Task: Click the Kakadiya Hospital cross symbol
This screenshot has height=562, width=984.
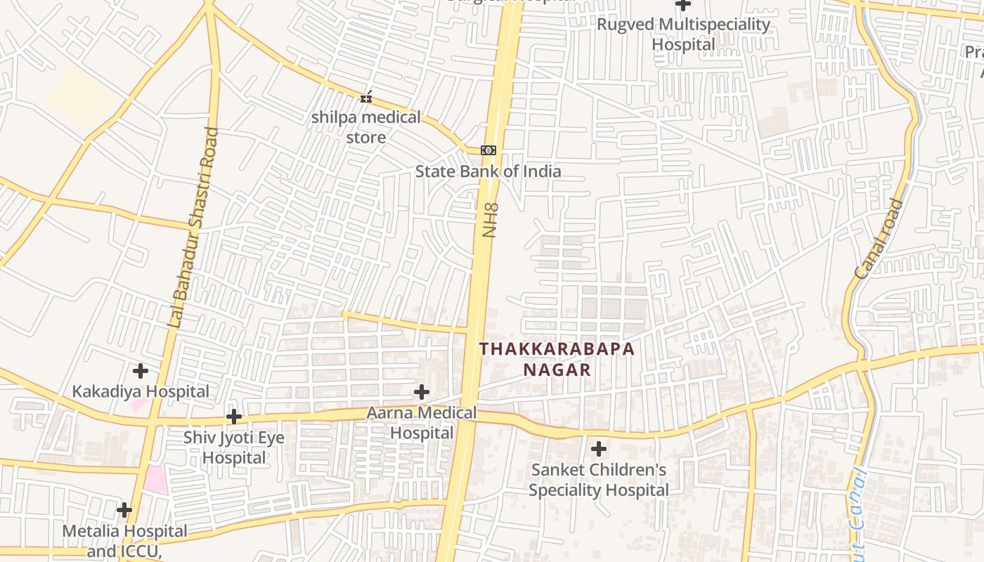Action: click(x=141, y=370)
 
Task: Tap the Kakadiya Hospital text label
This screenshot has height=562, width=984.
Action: click(x=141, y=391)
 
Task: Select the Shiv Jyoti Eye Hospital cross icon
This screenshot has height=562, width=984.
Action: click(x=234, y=417)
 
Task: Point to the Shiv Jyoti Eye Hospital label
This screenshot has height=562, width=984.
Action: click(x=234, y=447)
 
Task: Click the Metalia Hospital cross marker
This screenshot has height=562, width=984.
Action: click(x=124, y=509)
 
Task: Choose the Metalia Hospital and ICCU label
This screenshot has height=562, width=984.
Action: click(x=124, y=541)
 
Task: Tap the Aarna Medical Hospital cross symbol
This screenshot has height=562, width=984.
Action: click(x=422, y=391)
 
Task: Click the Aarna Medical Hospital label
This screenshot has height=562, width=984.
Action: click(x=422, y=422)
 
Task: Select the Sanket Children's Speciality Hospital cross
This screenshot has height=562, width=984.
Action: click(x=599, y=448)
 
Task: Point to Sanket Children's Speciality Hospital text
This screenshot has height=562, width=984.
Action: click(x=599, y=479)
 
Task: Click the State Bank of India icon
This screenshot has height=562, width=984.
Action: click(x=488, y=150)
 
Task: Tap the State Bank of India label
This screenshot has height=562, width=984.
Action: click(x=488, y=171)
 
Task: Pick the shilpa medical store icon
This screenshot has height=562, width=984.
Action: click(x=365, y=97)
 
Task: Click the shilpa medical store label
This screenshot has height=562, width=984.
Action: click(x=366, y=127)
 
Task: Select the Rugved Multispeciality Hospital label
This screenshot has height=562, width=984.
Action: click(x=683, y=34)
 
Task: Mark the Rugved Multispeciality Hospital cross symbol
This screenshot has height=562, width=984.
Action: click(x=683, y=5)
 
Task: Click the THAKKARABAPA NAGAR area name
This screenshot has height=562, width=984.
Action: click(x=557, y=359)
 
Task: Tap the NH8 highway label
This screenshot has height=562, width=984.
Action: click(x=490, y=220)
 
